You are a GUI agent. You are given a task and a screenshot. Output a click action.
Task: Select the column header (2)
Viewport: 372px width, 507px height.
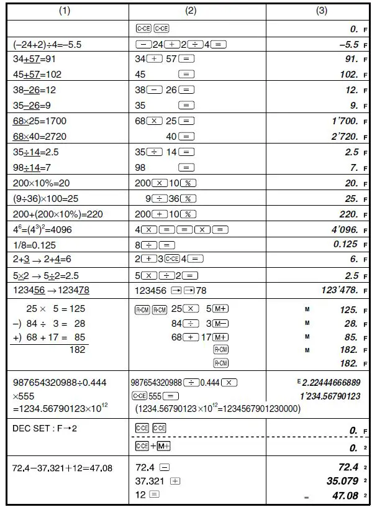197,11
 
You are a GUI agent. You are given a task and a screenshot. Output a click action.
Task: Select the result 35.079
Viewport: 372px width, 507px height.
343,480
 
